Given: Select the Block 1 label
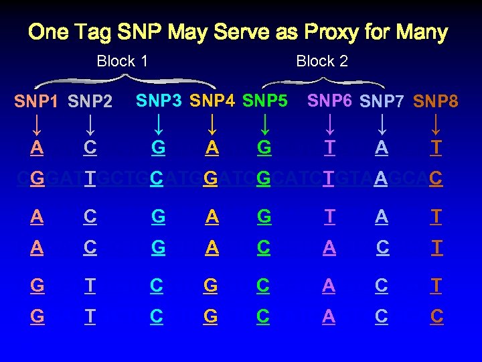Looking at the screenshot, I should (x=123, y=62).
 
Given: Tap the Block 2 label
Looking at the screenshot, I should (x=322, y=62).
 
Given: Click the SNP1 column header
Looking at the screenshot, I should (x=36, y=102).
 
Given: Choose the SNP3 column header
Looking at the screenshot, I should (x=159, y=101).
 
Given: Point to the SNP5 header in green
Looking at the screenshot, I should (x=265, y=101).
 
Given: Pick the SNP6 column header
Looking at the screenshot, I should (x=329, y=101).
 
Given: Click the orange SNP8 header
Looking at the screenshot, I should (x=436, y=102).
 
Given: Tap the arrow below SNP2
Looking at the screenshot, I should (x=90, y=125).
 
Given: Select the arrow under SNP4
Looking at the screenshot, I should (x=212, y=125).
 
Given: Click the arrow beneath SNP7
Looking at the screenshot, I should (x=382, y=125).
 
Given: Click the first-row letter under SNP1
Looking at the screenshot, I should (x=36, y=147).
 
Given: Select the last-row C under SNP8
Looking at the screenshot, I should (x=436, y=316).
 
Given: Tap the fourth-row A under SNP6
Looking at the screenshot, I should (x=329, y=247).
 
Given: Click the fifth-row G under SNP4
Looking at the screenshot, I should (x=211, y=286).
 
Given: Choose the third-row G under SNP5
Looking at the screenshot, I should (x=264, y=217).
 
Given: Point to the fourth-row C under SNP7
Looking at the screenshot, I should (x=382, y=247).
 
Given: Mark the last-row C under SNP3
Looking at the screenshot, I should (x=157, y=316).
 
